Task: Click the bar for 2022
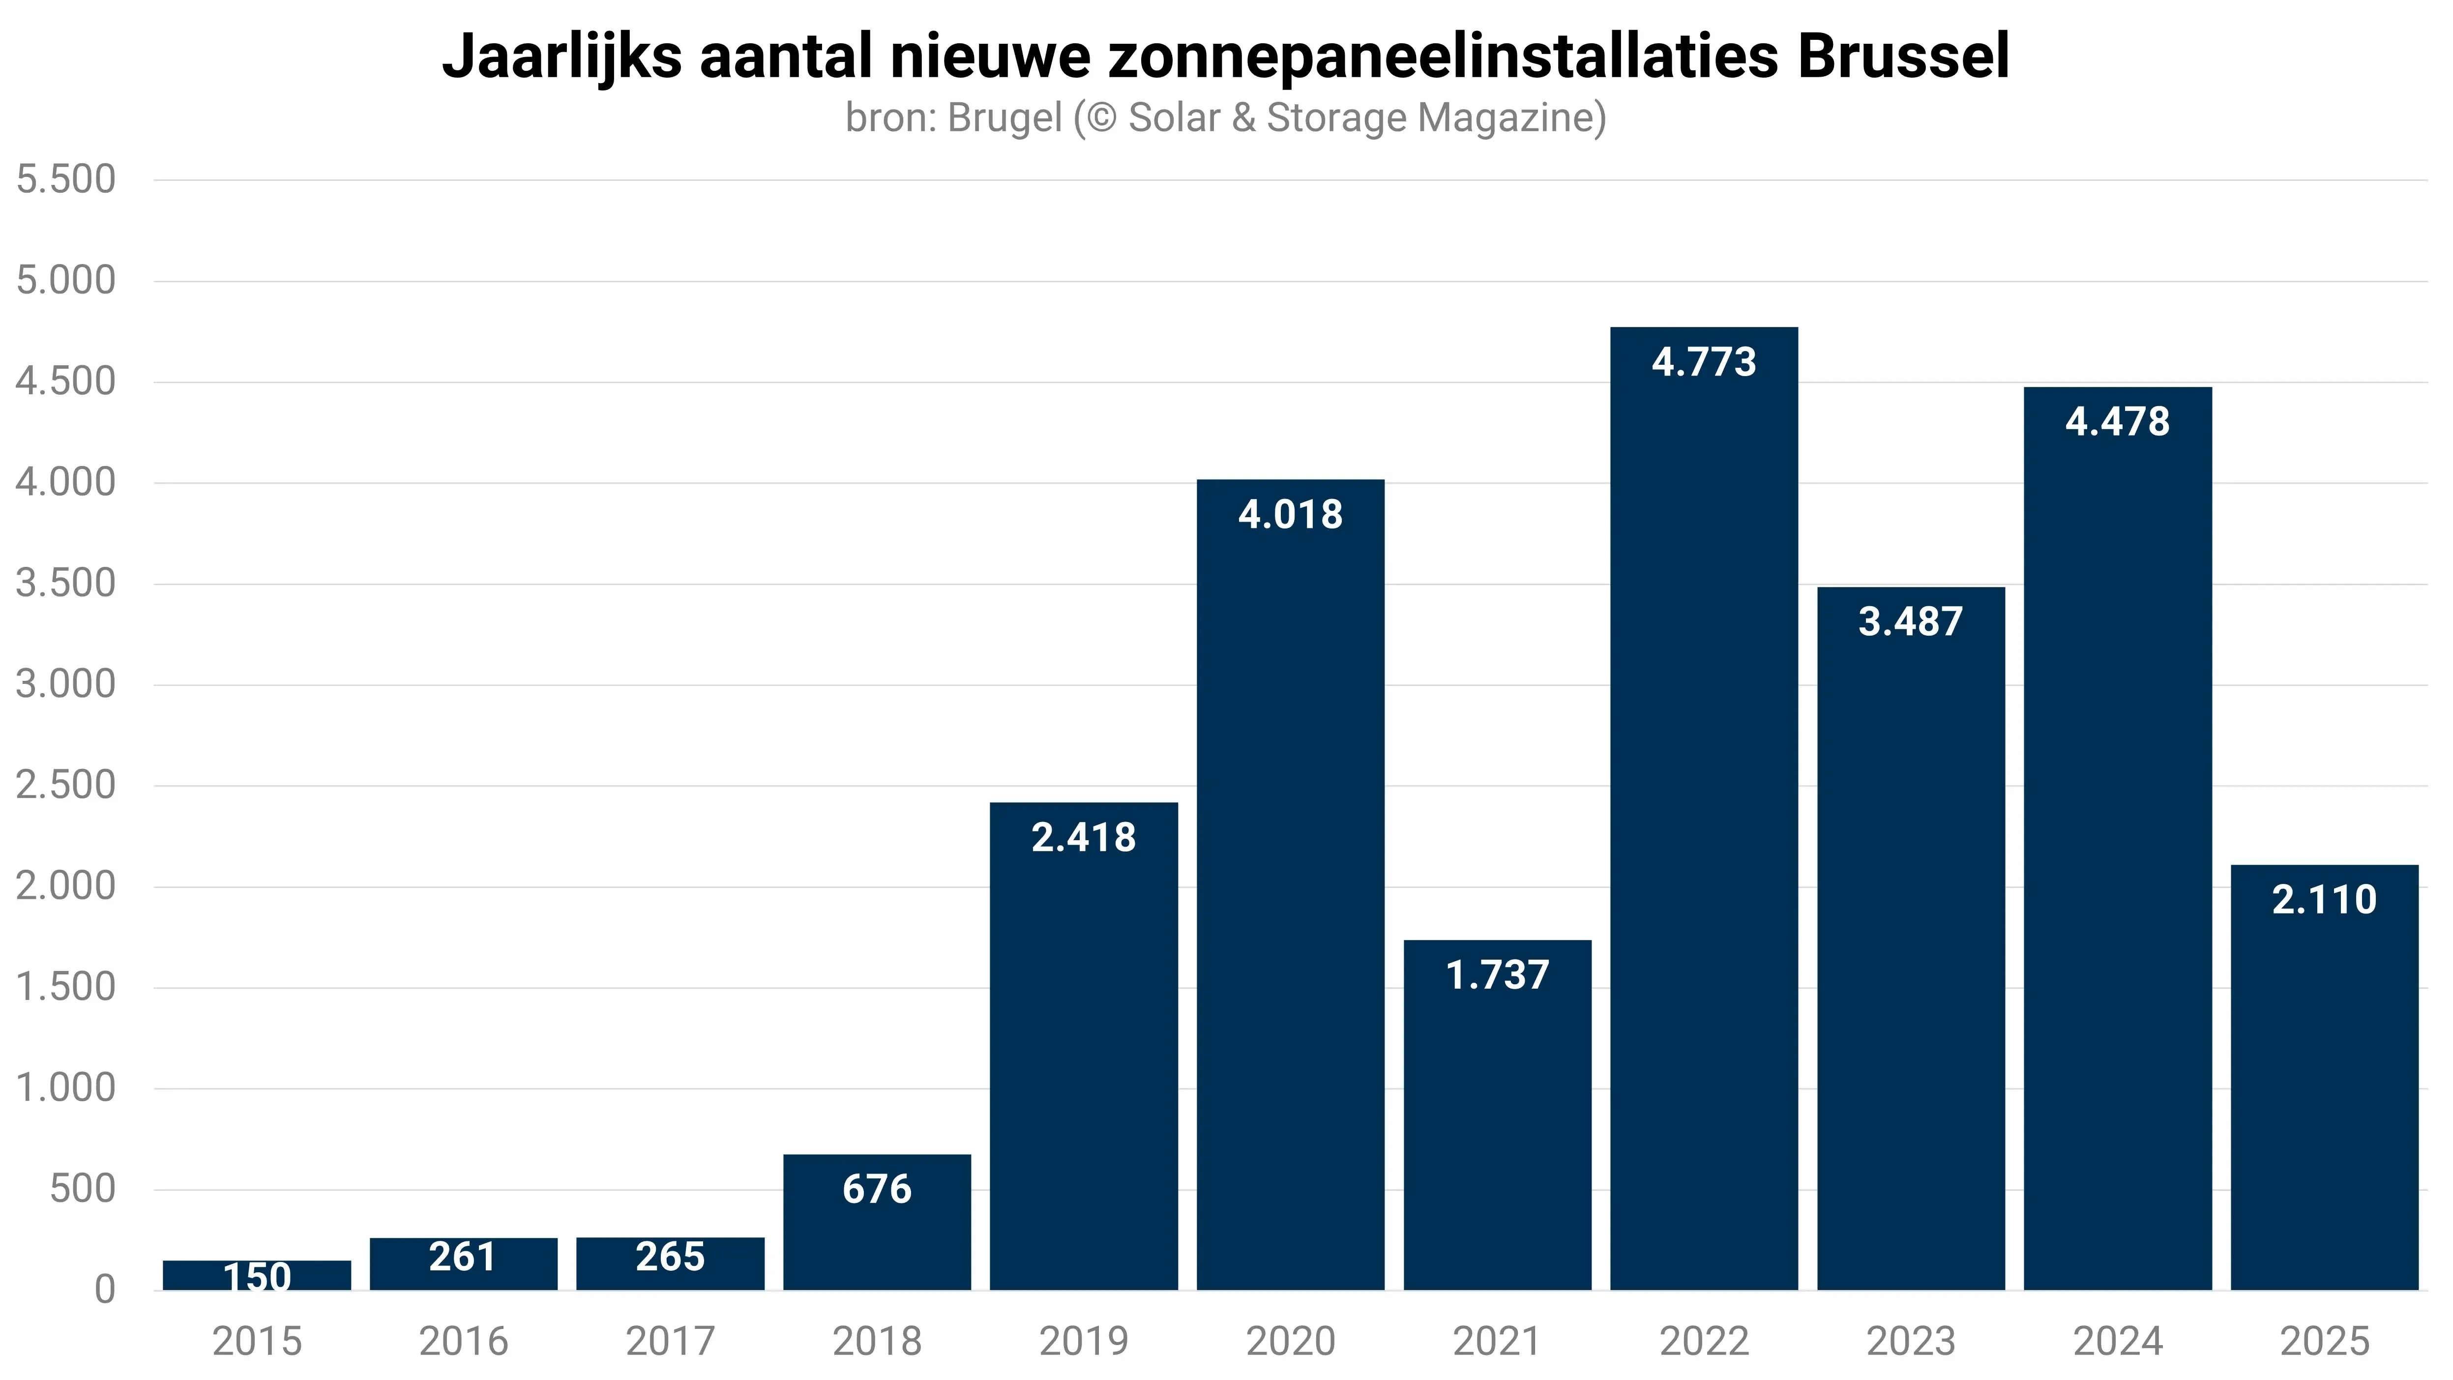tap(1704, 810)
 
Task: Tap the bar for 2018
tap(877, 1229)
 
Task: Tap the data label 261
tap(463, 1257)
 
